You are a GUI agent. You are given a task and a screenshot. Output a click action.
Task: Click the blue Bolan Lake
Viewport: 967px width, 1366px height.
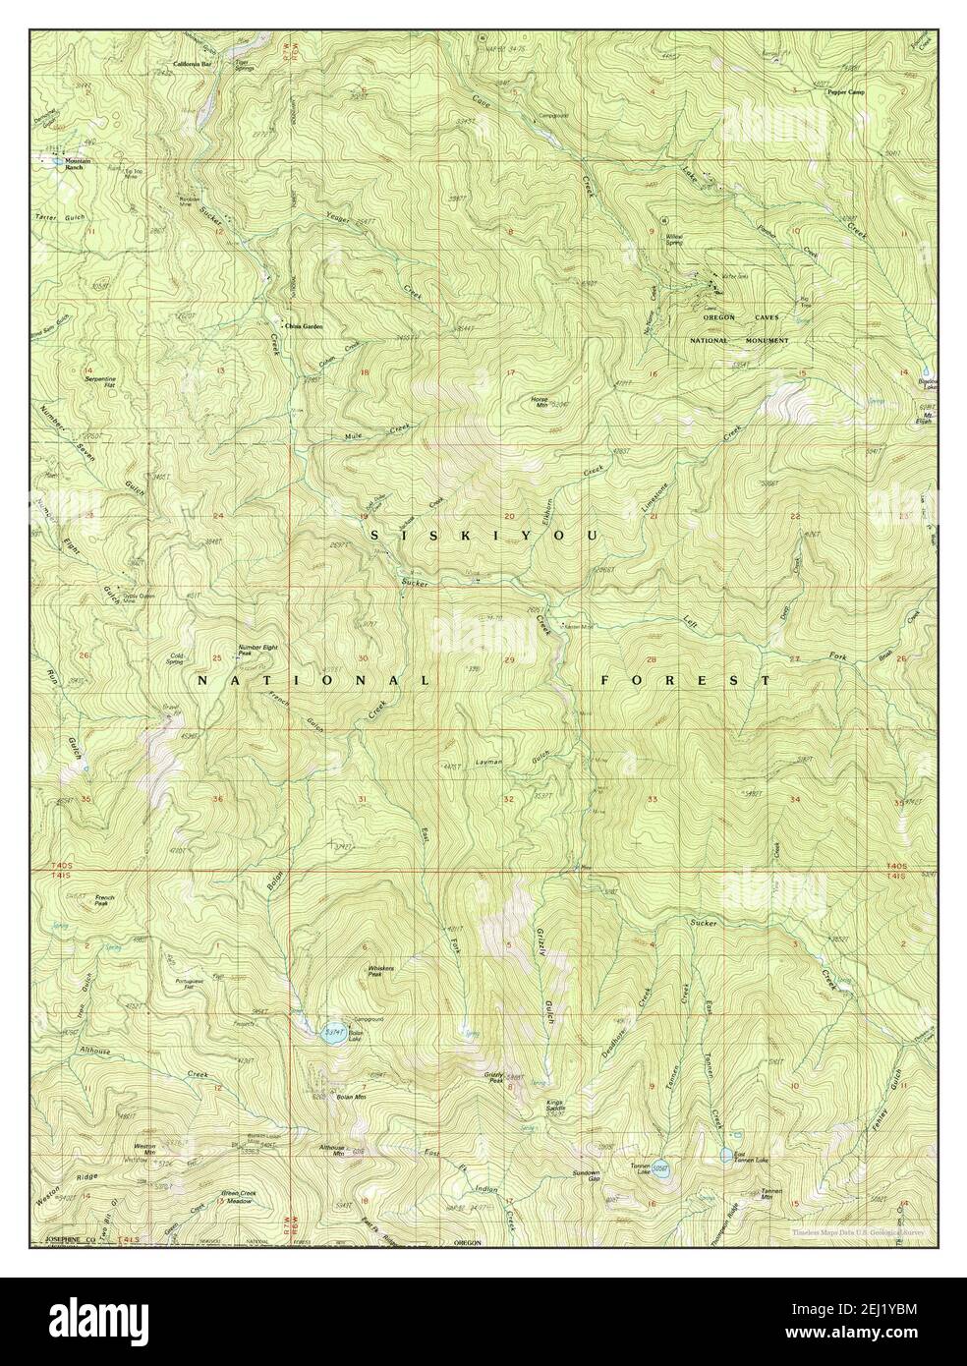tap(332, 1032)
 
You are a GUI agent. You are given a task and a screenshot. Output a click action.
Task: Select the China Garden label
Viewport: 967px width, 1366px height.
tap(304, 325)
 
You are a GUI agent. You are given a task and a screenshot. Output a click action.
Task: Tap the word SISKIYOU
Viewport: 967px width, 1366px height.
tap(484, 535)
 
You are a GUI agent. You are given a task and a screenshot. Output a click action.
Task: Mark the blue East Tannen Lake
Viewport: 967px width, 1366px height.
tap(725, 1155)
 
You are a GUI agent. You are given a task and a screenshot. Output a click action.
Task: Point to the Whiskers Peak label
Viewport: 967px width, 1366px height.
tap(381, 970)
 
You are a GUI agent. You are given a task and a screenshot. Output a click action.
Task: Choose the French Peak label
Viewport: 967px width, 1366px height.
tap(105, 900)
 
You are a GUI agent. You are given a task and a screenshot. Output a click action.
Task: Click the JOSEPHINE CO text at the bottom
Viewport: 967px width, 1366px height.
tap(67, 1243)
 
